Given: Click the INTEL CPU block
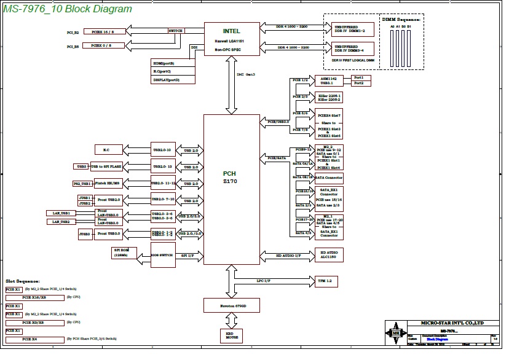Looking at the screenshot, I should [x=232, y=39].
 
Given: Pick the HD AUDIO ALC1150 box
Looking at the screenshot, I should [x=328, y=255].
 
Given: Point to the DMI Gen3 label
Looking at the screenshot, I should [x=246, y=74].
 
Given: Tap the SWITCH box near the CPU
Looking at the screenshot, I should [x=175, y=30].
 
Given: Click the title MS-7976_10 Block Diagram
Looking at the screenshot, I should [x=68, y=9].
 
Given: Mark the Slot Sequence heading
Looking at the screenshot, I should [x=23, y=281].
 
